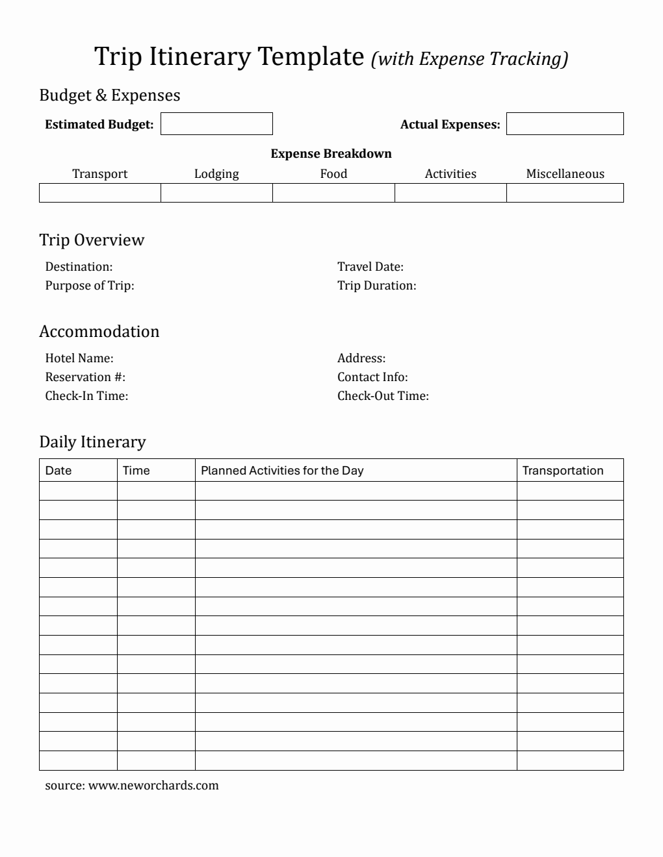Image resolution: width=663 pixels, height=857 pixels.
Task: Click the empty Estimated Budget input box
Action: click(x=216, y=124)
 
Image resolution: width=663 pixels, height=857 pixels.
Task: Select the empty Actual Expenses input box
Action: click(x=565, y=124)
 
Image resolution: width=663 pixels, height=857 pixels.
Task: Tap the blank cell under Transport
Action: click(x=99, y=193)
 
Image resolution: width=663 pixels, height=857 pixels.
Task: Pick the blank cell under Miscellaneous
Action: click(x=565, y=193)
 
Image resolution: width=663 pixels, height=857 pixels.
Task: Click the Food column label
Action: click(x=333, y=174)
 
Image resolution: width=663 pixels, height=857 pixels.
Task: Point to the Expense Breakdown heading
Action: click(x=331, y=154)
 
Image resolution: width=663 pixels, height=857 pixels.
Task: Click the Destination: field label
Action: click(x=79, y=267)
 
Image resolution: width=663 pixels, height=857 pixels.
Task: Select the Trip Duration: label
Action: click(x=376, y=286)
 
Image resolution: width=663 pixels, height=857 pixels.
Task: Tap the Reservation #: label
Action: click(x=85, y=377)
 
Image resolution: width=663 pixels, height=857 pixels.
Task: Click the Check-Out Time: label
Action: click(x=383, y=396)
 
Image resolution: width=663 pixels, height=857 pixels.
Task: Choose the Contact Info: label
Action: click(x=372, y=377)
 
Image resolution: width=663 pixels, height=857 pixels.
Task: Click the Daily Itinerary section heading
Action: click(x=92, y=442)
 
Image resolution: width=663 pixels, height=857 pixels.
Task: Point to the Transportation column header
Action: click(x=563, y=471)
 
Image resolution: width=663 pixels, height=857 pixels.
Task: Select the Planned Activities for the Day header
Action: click(x=282, y=471)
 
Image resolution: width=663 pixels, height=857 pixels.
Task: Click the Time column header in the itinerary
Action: click(x=136, y=471)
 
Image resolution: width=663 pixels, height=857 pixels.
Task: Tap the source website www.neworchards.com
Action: click(x=153, y=786)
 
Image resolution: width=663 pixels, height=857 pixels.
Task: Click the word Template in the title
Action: click(x=311, y=57)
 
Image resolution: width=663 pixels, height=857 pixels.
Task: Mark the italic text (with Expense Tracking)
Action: click(x=469, y=59)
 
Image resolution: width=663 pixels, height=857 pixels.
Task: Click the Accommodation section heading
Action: click(x=99, y=332)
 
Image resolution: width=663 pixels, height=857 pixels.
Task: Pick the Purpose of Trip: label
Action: click(x=90, y=286)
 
